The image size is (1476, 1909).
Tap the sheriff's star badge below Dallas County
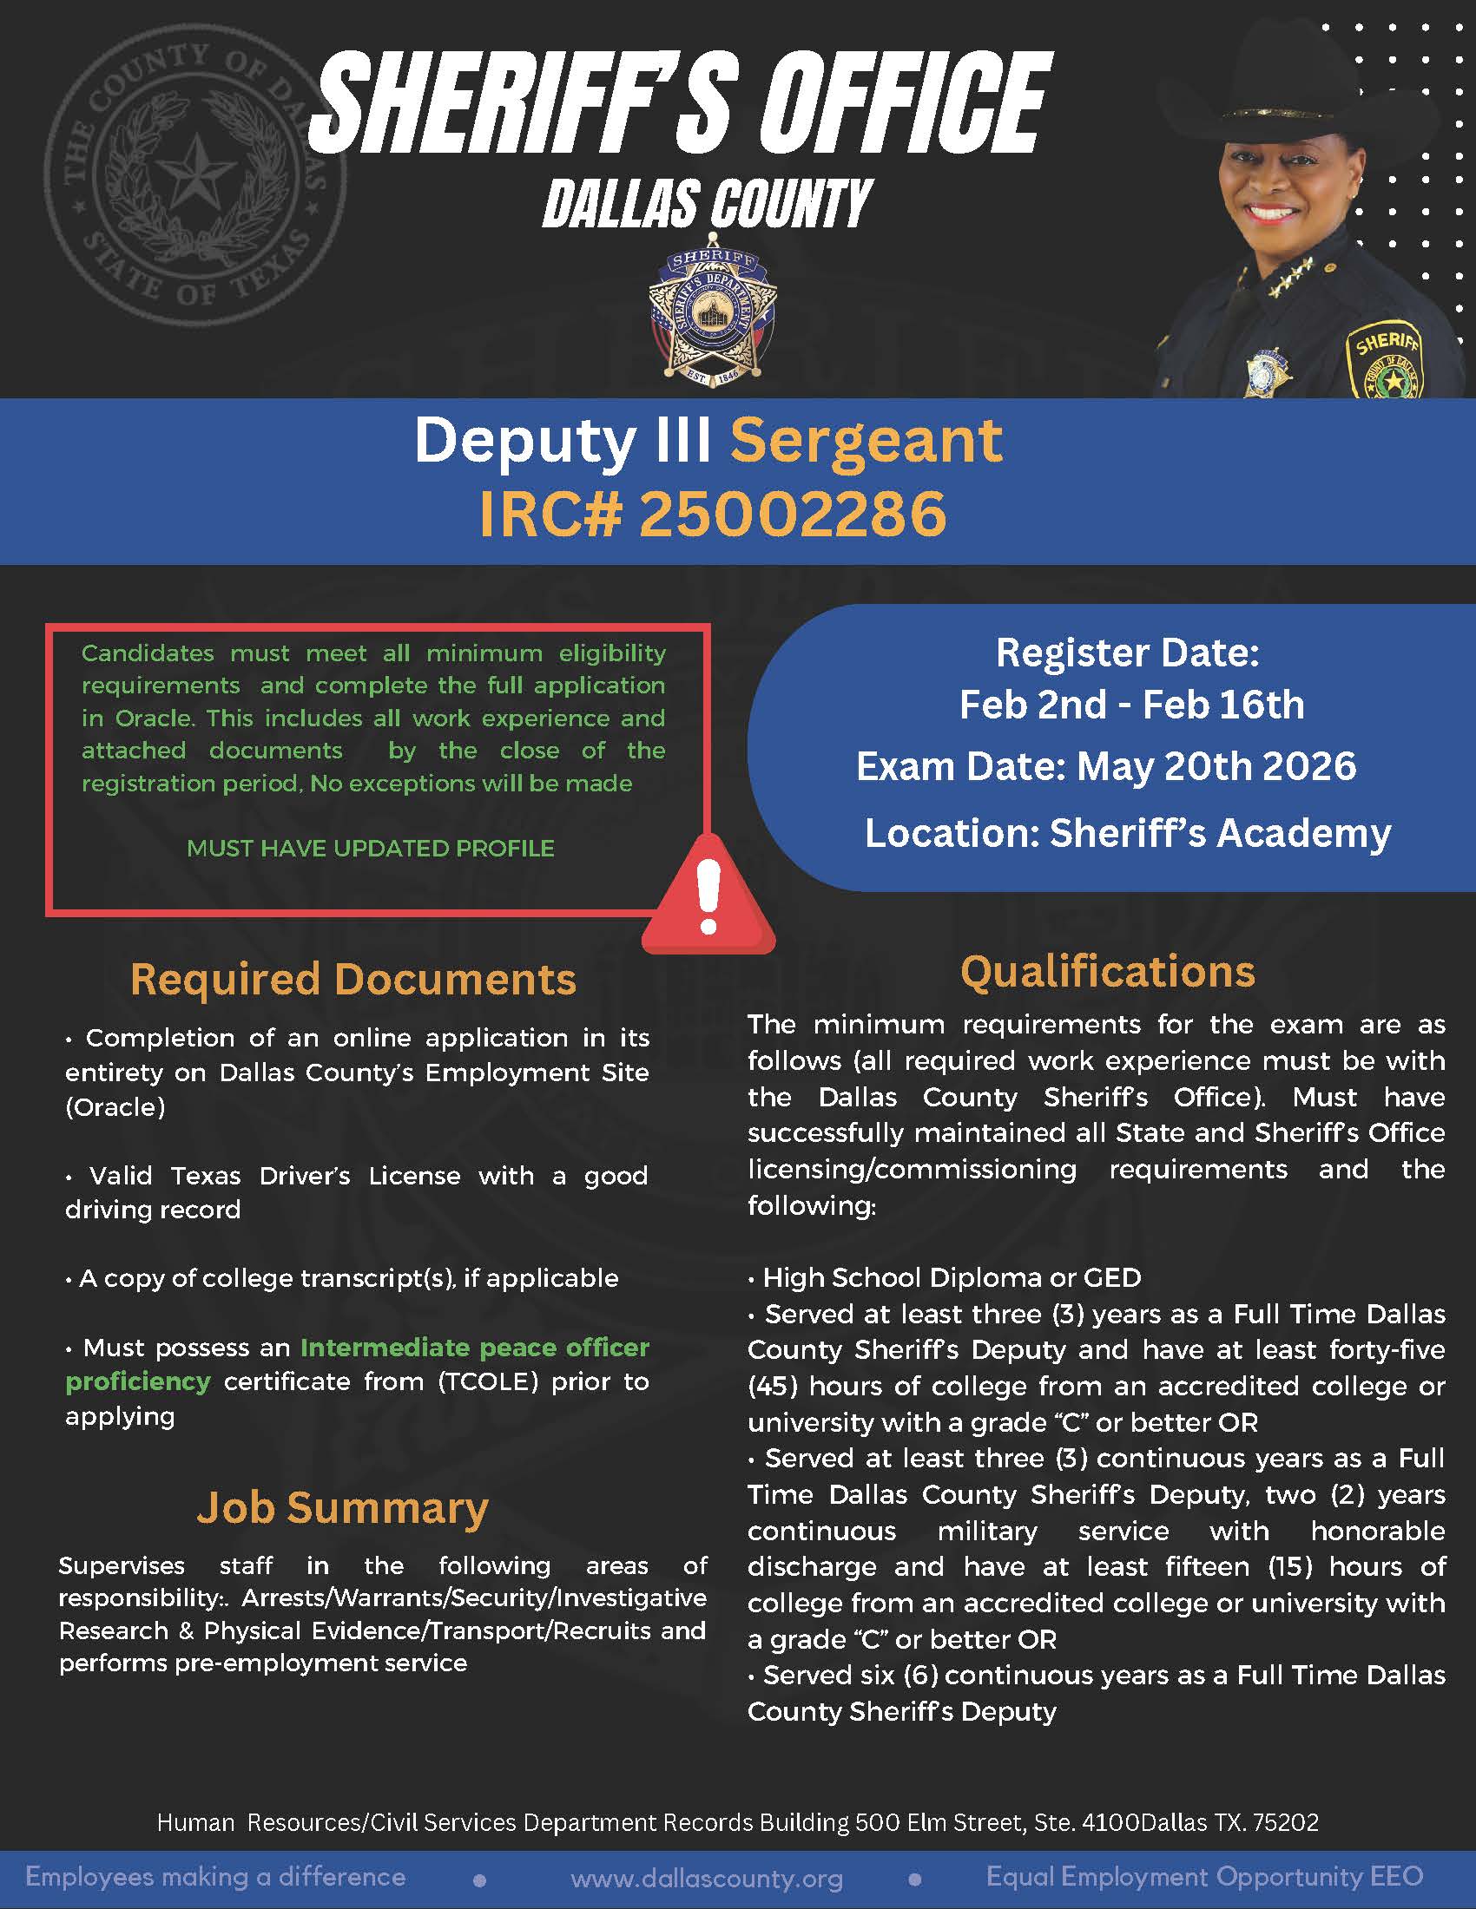(x=713, y=319)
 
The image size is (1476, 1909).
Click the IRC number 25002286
(x=792, y=514)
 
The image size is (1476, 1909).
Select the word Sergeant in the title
(x=866, y=441)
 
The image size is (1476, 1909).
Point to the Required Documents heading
(x=353, y=979)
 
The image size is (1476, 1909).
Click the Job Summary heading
(x=342, y=1508)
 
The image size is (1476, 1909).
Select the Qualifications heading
(x=1107, y=971)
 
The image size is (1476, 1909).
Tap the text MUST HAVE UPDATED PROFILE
(x=370, y=848)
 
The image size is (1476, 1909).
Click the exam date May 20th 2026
(x=1216, y=766)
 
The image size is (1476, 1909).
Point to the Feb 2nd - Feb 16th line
(x=1130, y=705)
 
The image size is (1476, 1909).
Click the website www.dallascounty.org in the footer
(x=707, y=1879)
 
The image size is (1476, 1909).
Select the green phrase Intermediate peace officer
(x=475, y=1348)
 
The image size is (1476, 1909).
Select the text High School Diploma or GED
(x=952, y=1278)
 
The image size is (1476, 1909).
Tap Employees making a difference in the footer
(x=215, y=1877)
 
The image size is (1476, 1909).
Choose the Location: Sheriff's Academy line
(x=1127, y=833)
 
